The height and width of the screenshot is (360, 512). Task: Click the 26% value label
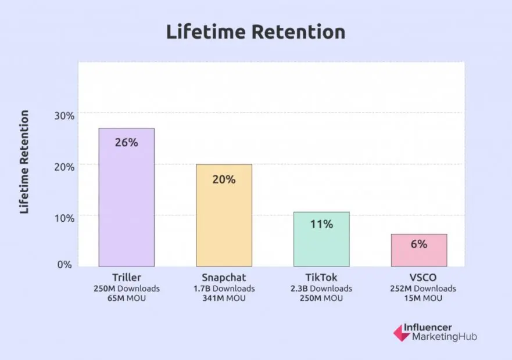click(126, 142)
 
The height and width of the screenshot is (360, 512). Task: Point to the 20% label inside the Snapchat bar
click(224, 179)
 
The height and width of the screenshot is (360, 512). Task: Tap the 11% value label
click(321, 224)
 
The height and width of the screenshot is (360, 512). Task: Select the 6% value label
click(419, 244)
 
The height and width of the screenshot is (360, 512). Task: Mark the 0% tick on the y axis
click(65, 264)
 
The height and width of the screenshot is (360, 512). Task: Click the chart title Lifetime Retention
click(256, 32)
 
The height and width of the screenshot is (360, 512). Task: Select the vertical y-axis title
click(24, 162)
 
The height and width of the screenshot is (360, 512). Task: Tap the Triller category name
click(126, 278)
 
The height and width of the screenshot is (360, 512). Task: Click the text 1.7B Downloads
click(224, 289)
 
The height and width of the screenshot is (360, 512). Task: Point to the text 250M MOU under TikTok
click(321, 298)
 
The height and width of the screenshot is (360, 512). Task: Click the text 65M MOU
click(126, 298)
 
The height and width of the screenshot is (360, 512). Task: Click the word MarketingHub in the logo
click(444, 337)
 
